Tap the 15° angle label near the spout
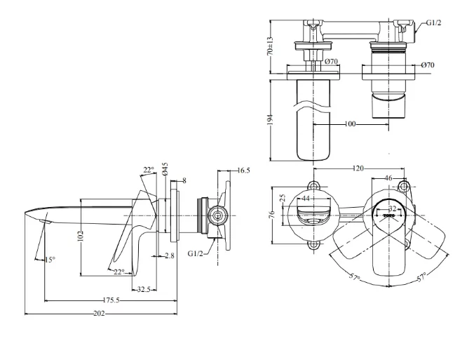click(x=48, y=260)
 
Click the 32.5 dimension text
click(x=146, y=288)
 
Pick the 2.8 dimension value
click(x=170, y=255)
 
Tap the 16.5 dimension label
click(x=243, y=170)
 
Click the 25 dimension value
click(x=283, y=199)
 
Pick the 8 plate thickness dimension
click(x=184, y=180)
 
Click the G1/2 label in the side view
click(x=197, y=253)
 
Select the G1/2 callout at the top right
click(x=434, y=23)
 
